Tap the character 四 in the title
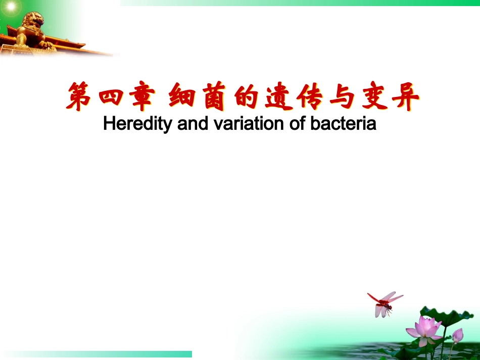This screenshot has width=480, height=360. coord(111,98)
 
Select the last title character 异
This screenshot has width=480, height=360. coord(404,98)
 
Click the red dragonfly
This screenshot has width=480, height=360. coord(385,302)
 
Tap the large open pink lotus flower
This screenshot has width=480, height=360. coord(424,329)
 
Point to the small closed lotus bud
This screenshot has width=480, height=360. coord(457,334)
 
